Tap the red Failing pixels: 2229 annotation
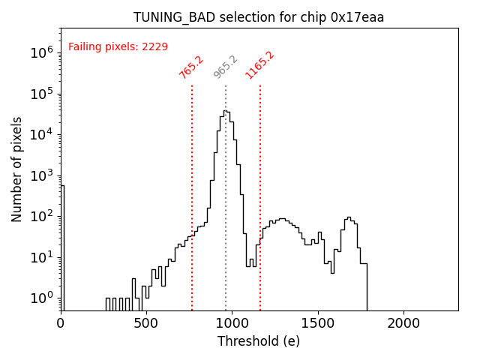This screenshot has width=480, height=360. pyautogui.click(x=118, y=46)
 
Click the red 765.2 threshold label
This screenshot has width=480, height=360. pyautogui.click(x=191, y=67)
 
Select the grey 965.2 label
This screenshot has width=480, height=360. pyautogui.click(x=225, y=67)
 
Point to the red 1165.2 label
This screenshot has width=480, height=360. pyautogui.click(x=259, y=65)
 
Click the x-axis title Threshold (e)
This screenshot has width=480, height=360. pyautogui.click(x=259, y=341)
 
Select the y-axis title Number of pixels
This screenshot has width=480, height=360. pyautogui.click(x=17, y=169)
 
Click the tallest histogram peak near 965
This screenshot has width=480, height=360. pyautogui.click(x=225, y=112)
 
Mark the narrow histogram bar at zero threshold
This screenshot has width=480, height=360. pyautogui.click(x=62, y=247)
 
